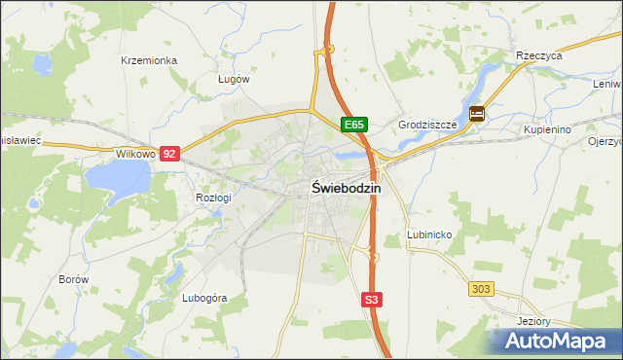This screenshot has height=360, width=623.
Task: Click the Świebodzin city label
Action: [x=347, y=189]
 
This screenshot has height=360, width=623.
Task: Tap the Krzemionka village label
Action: [x=148, y=60]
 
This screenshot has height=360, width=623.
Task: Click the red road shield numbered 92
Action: [x=170, y=154]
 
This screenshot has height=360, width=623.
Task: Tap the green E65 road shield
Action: [x=354, y=125]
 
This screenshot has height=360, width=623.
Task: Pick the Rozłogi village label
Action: [x=213, y=198]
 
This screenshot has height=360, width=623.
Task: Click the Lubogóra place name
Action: [x=204, y=298]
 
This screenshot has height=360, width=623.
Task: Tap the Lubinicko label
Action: [x=427, y=235]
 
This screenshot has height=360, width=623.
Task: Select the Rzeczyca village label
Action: [x=540, y=56]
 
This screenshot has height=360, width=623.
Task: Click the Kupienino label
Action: [x=546, y=129]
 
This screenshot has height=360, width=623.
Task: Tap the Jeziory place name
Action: [x=534, y=321]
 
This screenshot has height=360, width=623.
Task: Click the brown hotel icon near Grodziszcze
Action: [x=476, y=113]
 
